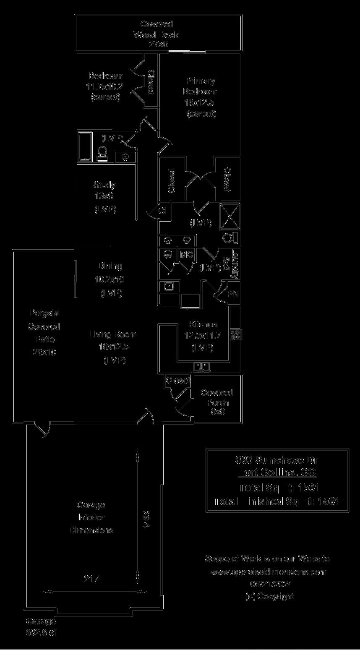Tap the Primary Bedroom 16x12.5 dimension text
(200, 102)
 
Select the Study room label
(104, 185)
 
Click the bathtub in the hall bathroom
(85, 146)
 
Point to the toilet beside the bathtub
(102, 154)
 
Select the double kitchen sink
(202, 367)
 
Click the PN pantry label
(232, 294)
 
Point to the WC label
(185, 254)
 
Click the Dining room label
(110, 266)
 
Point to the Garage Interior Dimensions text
(91, 517)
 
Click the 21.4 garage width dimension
(91, 579)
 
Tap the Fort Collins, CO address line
(277, 473)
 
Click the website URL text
(268, 572)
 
